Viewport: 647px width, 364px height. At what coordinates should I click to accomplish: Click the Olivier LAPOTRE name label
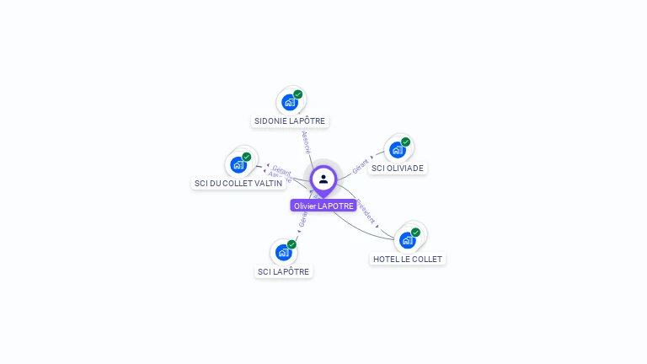(323, 206)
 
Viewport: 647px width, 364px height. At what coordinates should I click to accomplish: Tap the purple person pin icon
(323, 179)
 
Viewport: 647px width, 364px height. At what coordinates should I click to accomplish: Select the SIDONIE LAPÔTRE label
(290, 121)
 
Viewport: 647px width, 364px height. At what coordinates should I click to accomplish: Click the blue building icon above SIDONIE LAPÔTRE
(290, 103)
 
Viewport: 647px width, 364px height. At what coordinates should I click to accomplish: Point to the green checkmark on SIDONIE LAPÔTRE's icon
(298, 94)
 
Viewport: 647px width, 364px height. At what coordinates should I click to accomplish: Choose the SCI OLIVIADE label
(398, 168)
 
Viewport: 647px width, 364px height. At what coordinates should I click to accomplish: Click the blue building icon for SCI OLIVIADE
(398, 150)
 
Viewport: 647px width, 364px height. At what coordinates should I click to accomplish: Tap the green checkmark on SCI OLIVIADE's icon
(406, 142)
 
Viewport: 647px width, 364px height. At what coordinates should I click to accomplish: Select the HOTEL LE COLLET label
(408, 259)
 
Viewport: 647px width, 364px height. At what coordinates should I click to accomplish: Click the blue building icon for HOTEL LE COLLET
(408, 240)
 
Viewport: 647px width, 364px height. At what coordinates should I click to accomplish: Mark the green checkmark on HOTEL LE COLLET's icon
(415, 233)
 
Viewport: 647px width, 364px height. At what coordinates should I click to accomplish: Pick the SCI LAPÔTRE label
(284, 271)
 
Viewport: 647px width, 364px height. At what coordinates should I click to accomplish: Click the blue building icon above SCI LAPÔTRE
(284, 252)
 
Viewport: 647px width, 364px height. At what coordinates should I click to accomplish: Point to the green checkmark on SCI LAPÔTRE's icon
(291, 244)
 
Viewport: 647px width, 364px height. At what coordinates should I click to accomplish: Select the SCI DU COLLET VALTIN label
(238, 183)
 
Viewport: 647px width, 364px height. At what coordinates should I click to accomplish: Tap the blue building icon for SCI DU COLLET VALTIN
(238, 164)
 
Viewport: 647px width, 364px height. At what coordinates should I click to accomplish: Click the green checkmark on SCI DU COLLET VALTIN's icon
(247, 157)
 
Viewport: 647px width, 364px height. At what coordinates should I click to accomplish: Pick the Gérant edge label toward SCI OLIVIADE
(361, 164)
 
